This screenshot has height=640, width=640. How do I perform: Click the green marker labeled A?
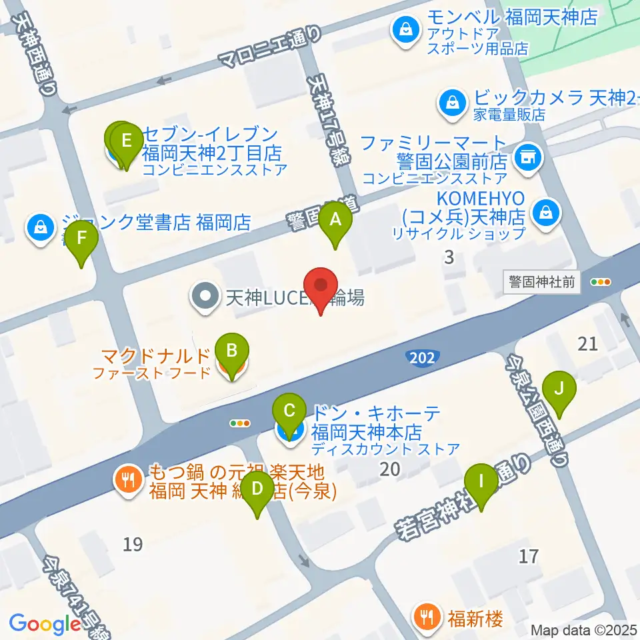pyautogui.click(x=335, y=221)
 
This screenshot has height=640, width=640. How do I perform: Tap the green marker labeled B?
pyautogui.click(x=231, y=352)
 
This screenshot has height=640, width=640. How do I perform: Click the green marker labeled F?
pyautogui.click(x=81, y=239)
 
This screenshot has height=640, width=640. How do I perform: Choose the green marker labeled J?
pyautogui.click(x=559, y=389)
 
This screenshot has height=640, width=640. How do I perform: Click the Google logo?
pyautogui.click(x=44, y=624)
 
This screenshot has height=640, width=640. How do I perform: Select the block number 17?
pyautogui.click(x=528, y=555)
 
